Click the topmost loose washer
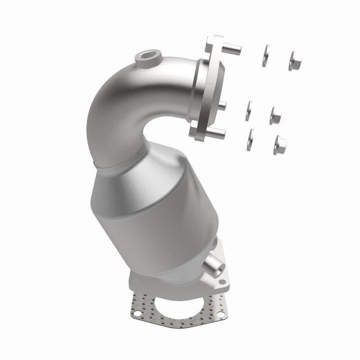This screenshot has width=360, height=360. tap(264, 56)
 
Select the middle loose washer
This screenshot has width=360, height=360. tap(248, 110)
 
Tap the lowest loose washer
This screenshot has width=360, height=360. tap(250, 139)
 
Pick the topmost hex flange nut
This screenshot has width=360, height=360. tap(294, 60)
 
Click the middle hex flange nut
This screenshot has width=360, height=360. tap(275, 115)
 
